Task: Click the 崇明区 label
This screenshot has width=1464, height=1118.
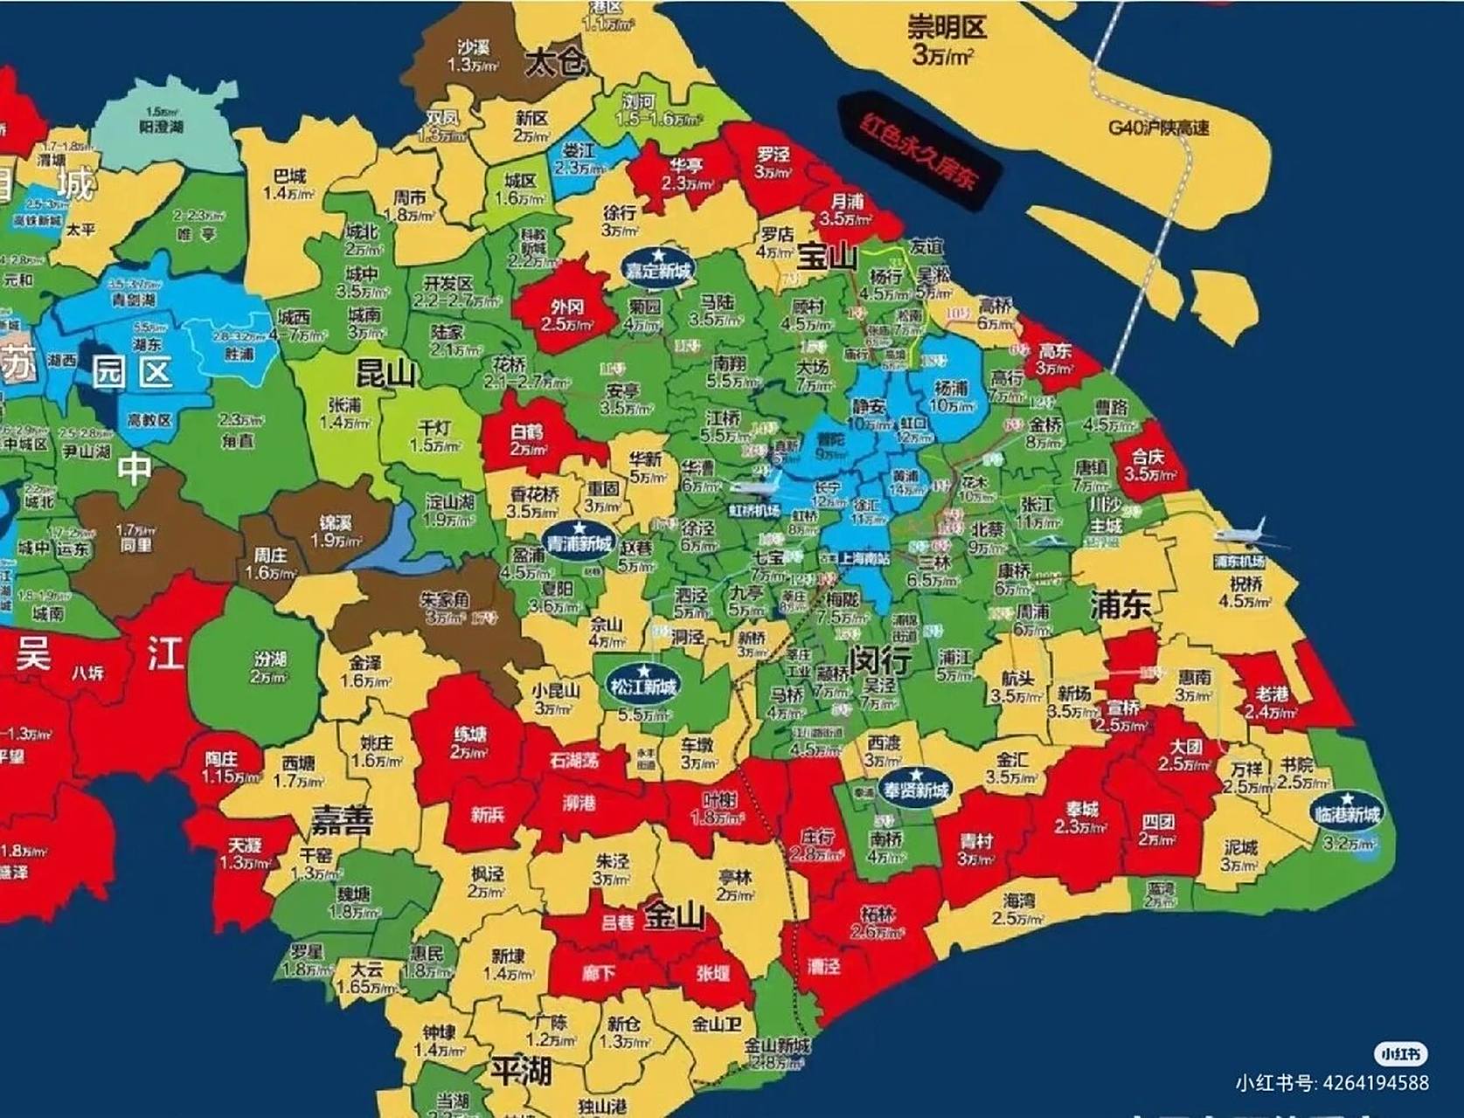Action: tap(947, 28)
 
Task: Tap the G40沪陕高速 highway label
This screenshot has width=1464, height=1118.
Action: tap(1159, 128)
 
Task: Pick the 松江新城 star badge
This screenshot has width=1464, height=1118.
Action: tap(644, 683)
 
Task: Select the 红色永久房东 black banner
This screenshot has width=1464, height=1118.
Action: tap(917, 153)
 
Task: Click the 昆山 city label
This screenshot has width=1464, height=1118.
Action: tap(385, 374)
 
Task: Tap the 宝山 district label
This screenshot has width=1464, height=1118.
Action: tap(827, 256)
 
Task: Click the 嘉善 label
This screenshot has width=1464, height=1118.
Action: tap(341, 820)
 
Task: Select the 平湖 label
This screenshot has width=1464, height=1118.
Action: tap(520, 1070)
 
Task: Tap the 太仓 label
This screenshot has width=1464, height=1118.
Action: tap(554, 63)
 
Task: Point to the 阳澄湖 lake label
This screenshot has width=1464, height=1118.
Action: tap(162, 127)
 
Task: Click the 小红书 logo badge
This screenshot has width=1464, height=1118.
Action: tap(1401, 1054)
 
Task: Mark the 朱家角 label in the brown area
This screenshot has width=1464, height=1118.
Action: tap(445, 600)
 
